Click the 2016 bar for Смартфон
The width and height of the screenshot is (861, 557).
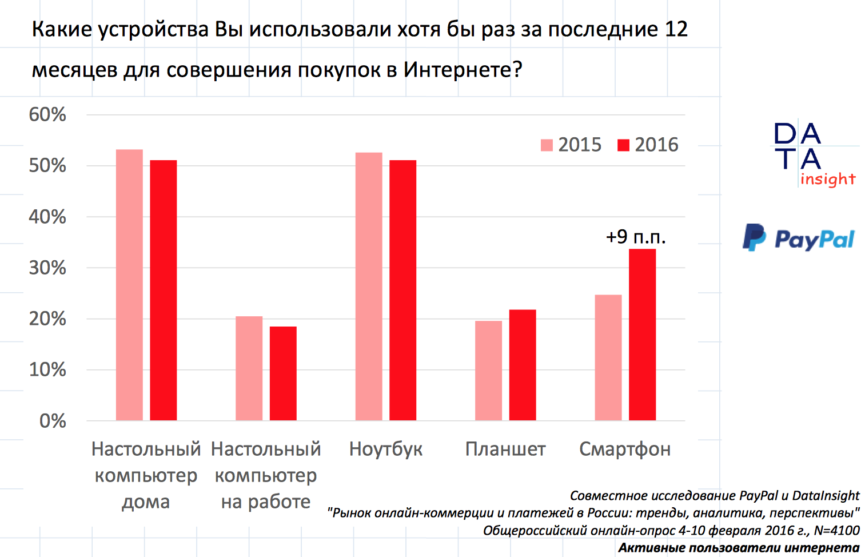pos(642,335)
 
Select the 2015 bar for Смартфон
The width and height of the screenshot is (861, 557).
pos(608,357)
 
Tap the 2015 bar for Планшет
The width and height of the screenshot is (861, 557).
pos(488,371)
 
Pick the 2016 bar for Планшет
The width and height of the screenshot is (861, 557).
pos(523,365)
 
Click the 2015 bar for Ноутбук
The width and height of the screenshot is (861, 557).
pos(369,286)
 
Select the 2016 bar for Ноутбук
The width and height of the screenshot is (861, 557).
pos(402,290)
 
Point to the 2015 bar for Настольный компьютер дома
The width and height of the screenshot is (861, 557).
pos(129,285)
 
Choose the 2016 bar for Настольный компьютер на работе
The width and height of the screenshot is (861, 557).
pos(283,373)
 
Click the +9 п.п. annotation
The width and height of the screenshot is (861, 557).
pos(636,237)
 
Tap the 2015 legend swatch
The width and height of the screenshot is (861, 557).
pos(547,145)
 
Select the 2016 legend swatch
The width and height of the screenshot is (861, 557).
pos(623,145)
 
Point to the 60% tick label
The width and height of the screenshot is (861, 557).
pos(47,114)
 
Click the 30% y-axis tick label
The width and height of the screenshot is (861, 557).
pos(47,268)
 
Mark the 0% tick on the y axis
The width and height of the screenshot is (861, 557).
pos(53,421)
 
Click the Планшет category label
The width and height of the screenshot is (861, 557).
pos(505,449)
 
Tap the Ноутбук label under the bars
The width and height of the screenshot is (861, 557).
pos(386,449)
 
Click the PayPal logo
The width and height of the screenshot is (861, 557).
pos(799,237)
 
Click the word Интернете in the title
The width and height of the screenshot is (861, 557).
pos(463,70)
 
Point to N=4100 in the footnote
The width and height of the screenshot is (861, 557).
pos(836,531)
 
